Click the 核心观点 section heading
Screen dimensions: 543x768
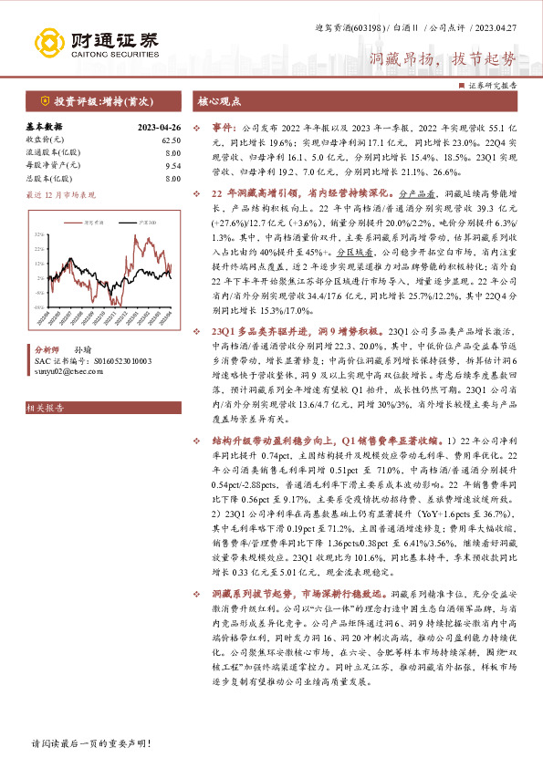(221, 103)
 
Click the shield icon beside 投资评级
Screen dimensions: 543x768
(45, 103)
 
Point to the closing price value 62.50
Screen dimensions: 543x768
(171, 140)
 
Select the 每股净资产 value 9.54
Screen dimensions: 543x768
(172, 166)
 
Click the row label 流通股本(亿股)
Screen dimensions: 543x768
(53, 153)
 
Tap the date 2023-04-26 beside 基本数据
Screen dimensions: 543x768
(159, 128)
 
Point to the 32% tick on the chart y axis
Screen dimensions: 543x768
(39, 234)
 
